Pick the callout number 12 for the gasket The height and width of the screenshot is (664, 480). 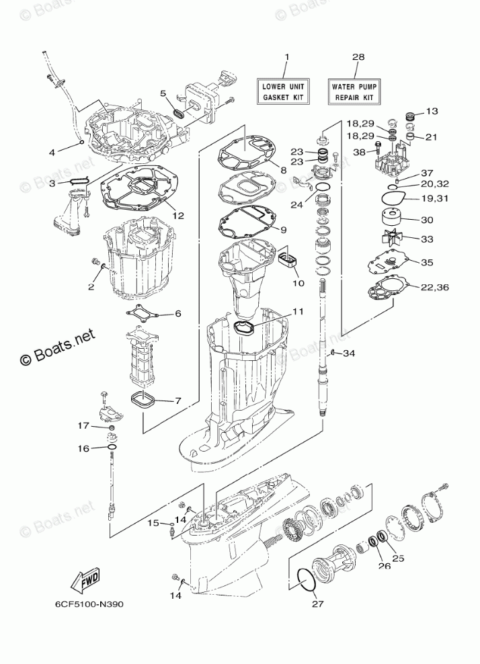point(177,216)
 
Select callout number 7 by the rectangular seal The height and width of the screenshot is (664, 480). point(177,401)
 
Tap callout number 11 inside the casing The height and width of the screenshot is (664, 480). point(297,312)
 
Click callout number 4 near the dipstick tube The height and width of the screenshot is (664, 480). point(52,152)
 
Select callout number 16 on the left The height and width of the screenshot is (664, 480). point(83,448)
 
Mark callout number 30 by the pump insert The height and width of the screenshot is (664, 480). point(426,219)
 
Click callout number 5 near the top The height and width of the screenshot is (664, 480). point(163,93)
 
